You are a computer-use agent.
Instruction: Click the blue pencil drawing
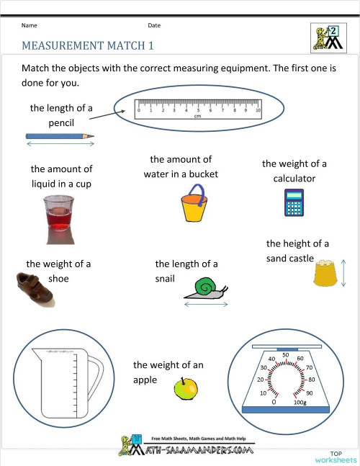click(60, 135)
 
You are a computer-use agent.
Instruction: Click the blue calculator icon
click(293, 203)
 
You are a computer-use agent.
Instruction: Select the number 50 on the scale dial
click(286, 354)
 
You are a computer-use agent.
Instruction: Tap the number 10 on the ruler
click(257, 111)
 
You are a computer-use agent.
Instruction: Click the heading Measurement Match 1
click(88, 45)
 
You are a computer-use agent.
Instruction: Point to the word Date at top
click(154, 25)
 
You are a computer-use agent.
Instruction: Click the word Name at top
click(29, 25)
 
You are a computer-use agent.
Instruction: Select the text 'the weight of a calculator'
click(294, 171)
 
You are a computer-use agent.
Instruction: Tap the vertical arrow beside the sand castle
click(343, 273)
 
